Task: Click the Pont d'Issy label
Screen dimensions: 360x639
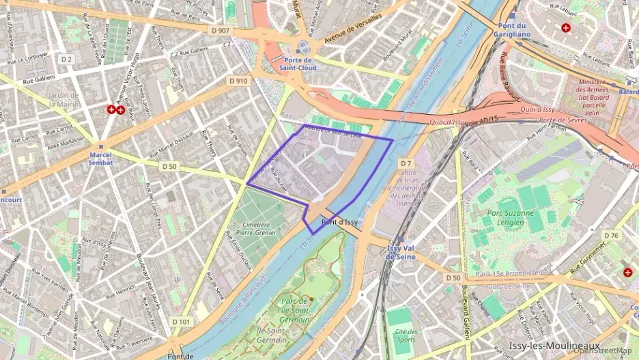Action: coord(339,222)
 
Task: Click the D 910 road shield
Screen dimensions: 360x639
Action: coord(238,81)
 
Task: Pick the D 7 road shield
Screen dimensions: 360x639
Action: coord(407,163)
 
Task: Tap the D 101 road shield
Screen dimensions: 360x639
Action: coord(181,322)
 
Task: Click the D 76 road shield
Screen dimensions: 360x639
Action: coord(611,236)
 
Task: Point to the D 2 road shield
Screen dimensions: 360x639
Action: coord(66,59)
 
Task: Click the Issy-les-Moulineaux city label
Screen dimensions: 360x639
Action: coord(554,346)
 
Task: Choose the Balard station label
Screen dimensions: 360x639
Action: coord(629,91)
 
